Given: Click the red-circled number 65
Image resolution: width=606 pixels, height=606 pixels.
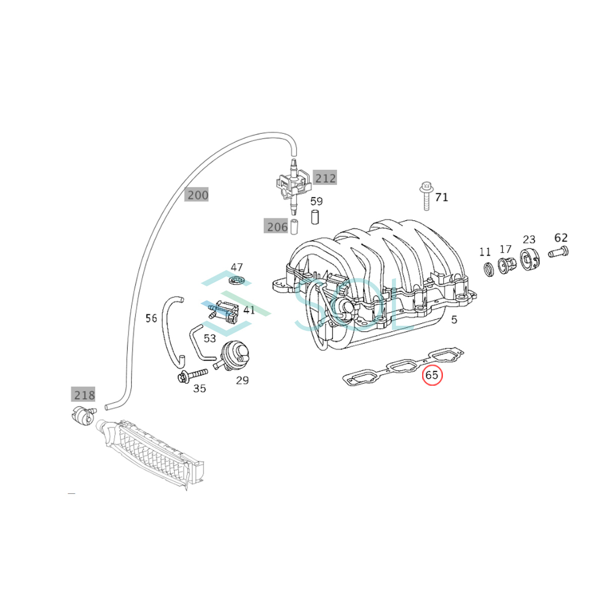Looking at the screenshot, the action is pos(432,376).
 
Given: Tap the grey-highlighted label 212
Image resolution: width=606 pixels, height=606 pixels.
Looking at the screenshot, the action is pos(325,178).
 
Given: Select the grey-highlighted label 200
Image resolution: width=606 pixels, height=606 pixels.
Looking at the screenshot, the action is pos(196,195).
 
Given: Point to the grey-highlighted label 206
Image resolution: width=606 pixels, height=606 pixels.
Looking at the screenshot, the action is pos(276,226).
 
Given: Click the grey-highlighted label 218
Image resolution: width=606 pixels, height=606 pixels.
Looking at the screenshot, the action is pos(83,395).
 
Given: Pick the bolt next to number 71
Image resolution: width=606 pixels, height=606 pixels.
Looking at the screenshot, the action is pos(426,195).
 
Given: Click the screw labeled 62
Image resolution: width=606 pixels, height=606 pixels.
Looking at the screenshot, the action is pos(558,252).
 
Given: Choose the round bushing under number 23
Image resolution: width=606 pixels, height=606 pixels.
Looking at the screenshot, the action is pos(531,259).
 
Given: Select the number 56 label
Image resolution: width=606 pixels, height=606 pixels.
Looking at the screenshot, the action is pos(151,318).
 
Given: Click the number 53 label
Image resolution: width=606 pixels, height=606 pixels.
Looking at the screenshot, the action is pos(210,338).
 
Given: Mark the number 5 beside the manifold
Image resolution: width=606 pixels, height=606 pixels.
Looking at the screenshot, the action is pos(454,320).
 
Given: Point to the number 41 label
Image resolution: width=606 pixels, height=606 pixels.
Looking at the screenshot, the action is pos(249,310).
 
